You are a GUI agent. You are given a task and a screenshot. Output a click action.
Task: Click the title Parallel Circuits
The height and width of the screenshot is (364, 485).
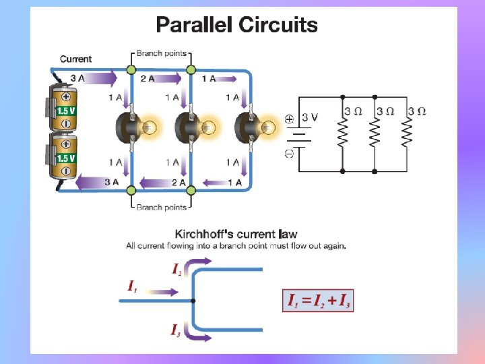[236, 26]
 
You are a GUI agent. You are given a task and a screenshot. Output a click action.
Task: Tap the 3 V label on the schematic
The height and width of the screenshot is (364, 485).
[309, 117]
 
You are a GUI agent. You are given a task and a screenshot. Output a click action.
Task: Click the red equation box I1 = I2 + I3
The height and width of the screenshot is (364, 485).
[317, 301]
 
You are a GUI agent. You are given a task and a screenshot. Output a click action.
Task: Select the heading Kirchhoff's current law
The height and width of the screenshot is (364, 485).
[236, 235]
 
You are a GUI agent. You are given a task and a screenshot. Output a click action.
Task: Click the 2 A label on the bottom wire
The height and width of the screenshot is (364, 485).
[179, 183]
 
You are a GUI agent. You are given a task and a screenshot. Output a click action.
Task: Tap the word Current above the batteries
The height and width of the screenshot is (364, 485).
[75, 59]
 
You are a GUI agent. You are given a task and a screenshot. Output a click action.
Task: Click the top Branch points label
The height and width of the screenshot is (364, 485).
[162, 53]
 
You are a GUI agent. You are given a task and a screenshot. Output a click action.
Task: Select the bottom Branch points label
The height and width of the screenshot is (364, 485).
[162, 207]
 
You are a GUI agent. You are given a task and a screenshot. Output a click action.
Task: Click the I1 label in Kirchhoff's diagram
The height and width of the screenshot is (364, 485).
[133, 286]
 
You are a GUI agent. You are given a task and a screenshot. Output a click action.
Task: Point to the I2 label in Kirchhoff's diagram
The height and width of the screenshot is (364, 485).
[176, 270]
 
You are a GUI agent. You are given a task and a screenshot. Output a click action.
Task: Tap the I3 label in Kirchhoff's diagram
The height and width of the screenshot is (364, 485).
[175, 330]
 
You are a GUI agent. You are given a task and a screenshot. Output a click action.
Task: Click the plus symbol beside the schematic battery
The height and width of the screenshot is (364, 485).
[289, 119]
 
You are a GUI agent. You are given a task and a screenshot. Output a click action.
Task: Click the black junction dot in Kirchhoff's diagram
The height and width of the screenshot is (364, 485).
[193, 300]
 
